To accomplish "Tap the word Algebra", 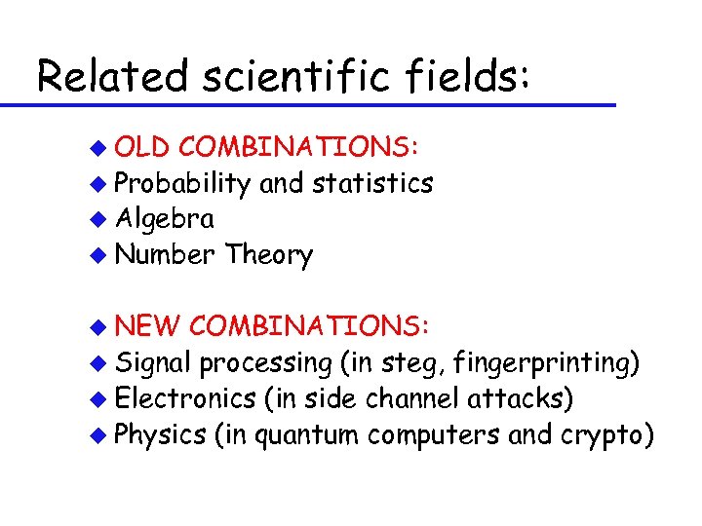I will pyautogui.click(x=164, y=219).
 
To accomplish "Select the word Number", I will pyautogui.click(x=165, y=255).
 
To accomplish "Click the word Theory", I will pyautogui.click(x=268, y=255).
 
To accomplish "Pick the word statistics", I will pyautogui.click(x=373, y=183).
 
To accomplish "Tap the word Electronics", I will pyautogui.click(x=183, y=398).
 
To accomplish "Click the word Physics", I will pyautogui.click(x=157, y=434).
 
